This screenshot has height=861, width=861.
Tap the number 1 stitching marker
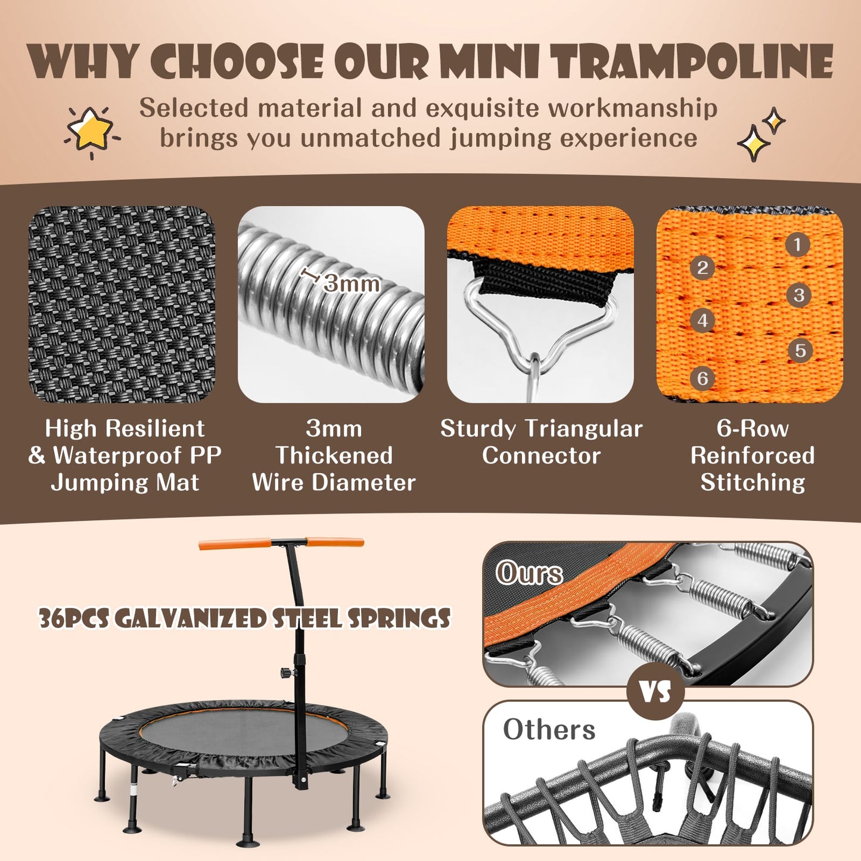pos(797,244)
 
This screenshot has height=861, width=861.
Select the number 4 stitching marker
pos(703,321)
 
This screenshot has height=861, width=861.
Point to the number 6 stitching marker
pos(703,378)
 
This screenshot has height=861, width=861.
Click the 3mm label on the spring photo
pos(352,284)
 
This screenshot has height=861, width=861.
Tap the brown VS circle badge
pos(655,691)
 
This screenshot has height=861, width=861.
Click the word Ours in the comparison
pos(529,573)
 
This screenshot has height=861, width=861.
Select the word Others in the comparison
pos(549,729)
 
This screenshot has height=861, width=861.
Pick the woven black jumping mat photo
pos(122,304)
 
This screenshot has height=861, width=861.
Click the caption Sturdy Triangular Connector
pos(541,442)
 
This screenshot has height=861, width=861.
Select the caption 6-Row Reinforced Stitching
pos(753,455)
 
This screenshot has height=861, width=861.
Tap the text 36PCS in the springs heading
pos(73,618)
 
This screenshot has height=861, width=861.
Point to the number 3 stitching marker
pos(799,295)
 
